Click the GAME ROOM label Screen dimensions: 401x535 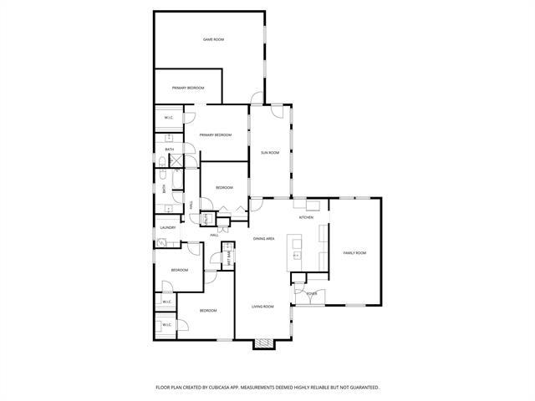pyautogui.click(x=213, y=39)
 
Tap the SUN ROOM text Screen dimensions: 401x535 pyautogui.click(x=269, y=152)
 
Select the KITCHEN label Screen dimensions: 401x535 pyautogui.click(x=306, y=218)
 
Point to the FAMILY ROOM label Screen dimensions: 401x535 pyautogui.click(x=354, y=252)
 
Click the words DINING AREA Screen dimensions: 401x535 pyautogui.click(x=263, y=239)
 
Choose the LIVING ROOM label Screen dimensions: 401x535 pyautogui.click(x=262, y=307)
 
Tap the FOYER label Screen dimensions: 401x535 pyautogui.click(x=311, y=293)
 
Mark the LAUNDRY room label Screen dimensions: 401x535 pyautogui.click(x=167, y=227)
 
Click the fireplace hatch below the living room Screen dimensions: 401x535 pyautogui.click(x=264, y=343)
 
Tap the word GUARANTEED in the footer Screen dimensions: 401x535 pyautogui.click(x=360, y=388)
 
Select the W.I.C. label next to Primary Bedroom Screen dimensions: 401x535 pyautogui.click(x=168, y=118)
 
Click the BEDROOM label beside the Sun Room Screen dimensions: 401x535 pyautogui.click(x=224, y=188)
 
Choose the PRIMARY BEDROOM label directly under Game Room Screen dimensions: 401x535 pyautogui.click(x=188, y=88)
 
